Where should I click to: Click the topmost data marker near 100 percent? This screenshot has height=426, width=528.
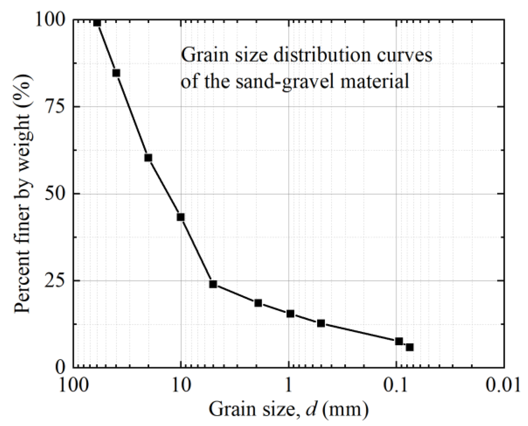coord(97,22)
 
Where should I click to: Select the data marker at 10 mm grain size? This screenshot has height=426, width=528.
coord(181,217)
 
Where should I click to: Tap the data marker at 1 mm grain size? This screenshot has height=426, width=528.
coord(290,314)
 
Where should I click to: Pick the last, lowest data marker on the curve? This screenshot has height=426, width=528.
coord(410,347)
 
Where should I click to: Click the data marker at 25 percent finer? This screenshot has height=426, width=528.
coord(213,284)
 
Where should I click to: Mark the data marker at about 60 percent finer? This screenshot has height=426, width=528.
coord(148,158)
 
